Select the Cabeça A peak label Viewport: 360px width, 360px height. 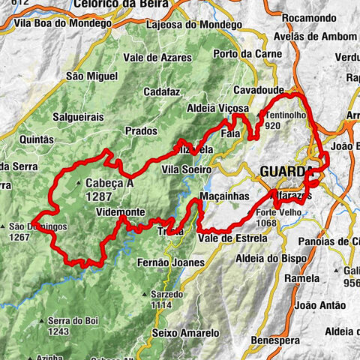(109, 181)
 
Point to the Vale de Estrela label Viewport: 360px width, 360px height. (232, 238)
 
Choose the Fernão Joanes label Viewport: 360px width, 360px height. (171, 262)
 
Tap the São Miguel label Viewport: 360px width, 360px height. (92, 76)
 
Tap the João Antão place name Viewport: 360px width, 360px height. (320, 304)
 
